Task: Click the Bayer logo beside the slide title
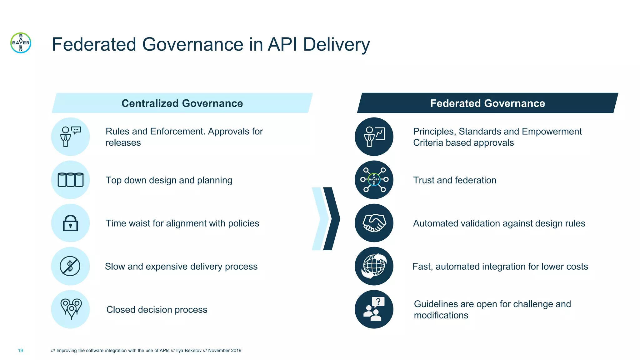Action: coord(21,43)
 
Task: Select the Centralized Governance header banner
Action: coord(182,103)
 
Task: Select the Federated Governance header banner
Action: coord(487,103)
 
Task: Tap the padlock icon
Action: coord(70,223)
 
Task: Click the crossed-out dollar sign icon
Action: coord(70,266)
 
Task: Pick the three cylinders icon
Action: coord(70,180)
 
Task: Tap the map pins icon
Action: coord(71,309)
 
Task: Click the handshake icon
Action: coord(374,223)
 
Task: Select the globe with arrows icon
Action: coord(374,266)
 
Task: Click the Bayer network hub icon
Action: coord(374,180)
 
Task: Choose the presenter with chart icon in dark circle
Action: coord(374,137)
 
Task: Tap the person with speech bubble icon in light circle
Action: coord(70,137)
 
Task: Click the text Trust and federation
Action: coord(454,180)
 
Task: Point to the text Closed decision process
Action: coord(157,310)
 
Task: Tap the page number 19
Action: coord(21,351)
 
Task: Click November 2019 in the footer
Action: coord(225,351)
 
